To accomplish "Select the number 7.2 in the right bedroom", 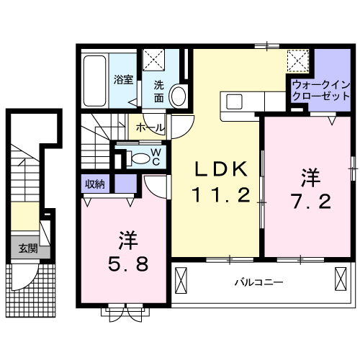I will tap(311, 201).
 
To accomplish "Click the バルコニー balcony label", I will tap(258, 282).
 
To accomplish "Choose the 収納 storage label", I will tap(95, 184).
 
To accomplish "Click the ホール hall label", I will tap(150, 127).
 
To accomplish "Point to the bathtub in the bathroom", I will tap(94, 79).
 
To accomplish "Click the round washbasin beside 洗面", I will tap(181, 95).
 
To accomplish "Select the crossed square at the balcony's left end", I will tap(181, 277).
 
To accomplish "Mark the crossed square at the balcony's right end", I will tap(341, 277).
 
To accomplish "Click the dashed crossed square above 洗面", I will tap(153, 60).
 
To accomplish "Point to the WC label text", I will tap(156, 156).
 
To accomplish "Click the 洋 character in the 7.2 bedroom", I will tap(310, 176).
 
